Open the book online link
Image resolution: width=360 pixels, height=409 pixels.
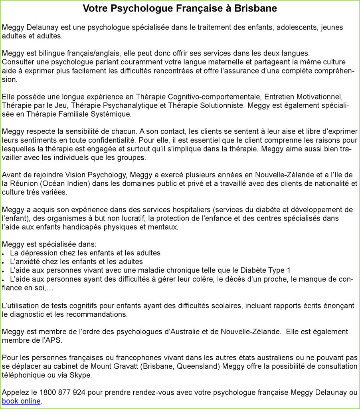pos(21,401)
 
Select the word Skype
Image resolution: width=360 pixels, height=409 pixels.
pos(81,375)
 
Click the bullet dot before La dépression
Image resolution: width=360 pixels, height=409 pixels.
pos(3,254)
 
